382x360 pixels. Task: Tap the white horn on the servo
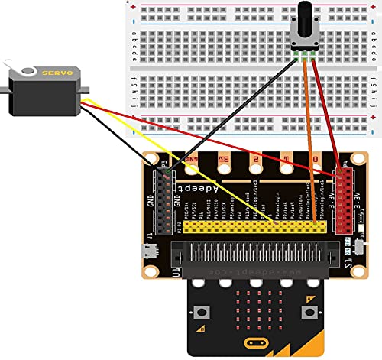pos(28,72)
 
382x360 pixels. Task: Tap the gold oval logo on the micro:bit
pos(254,343)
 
